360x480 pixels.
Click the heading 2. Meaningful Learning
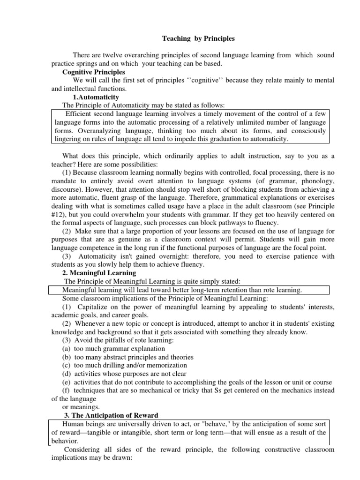(x=99, y=273)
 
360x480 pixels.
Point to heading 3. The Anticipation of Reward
(x=111, y=416)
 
